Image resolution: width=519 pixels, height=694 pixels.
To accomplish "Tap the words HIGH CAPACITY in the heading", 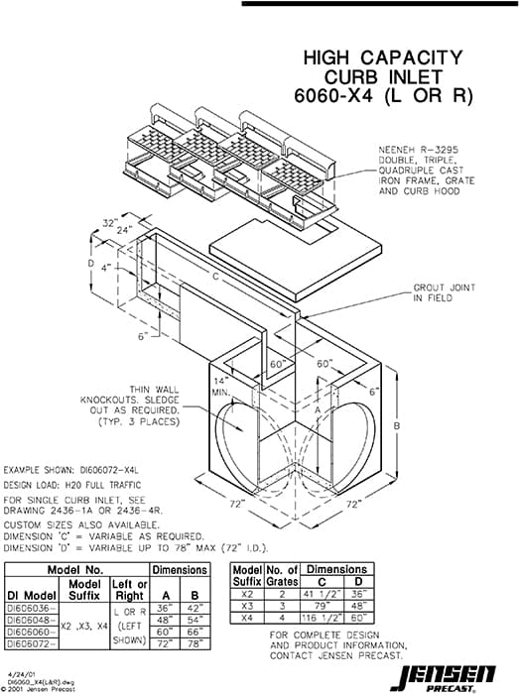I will coord(382,58).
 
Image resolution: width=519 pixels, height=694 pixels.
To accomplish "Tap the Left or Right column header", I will coord(133,588).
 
